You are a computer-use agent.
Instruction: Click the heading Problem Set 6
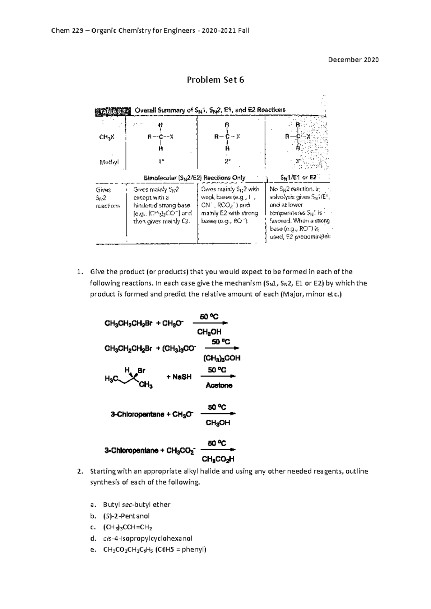click(x=215, y=80)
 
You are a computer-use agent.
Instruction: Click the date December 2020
click(x=353, y=60)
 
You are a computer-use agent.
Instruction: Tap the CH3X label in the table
click(x=107, y=137)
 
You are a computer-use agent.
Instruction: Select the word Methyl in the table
click(x=109, y=162)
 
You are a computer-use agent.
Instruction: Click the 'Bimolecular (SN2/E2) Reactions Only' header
click(x=194, y=178)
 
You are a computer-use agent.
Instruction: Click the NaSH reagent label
click(x=179, y=377)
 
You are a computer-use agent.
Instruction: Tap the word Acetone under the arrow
click(x=219, y=386)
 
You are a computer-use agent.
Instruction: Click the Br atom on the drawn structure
click(x=142, y=370)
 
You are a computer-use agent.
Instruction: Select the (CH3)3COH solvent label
click(x=222, y=358)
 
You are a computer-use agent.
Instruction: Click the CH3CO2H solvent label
click(x=218, y=459)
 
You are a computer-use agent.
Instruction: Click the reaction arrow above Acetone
click(x=218, y=376)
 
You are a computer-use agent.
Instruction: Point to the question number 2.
click(x=80, y=471)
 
